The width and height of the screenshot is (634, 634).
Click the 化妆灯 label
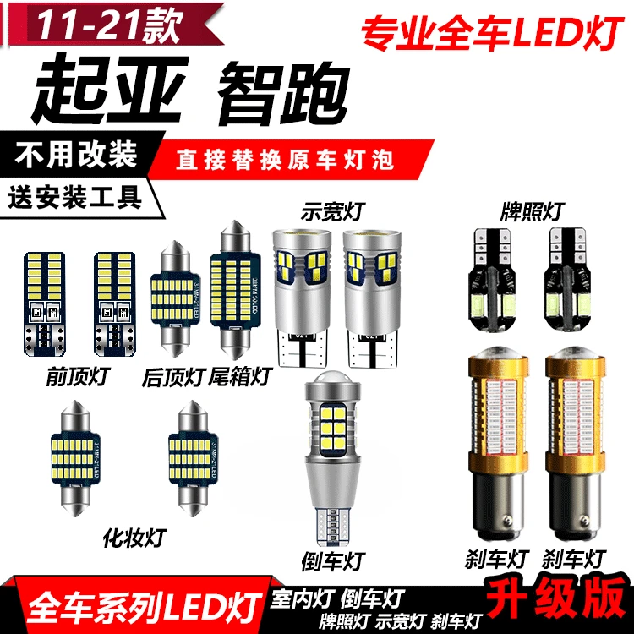click(x=134, y=534)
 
